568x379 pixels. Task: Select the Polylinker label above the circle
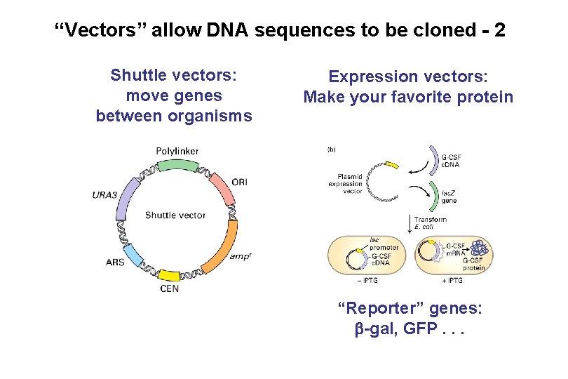(x=177, y=151)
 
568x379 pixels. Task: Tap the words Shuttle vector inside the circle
(x=175, y=215)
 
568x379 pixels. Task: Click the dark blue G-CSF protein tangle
(x=479, y=248)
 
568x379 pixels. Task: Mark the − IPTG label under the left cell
(x=369, y=281)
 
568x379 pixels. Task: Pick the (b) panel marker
(x=332, y=149)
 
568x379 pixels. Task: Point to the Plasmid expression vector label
(x=345, y=184)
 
